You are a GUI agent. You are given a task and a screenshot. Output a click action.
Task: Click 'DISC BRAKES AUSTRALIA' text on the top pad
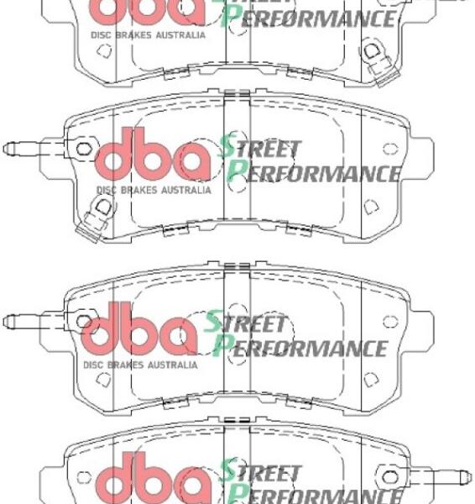[x=148, y=34]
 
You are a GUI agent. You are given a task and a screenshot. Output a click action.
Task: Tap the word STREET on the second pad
[x=261, y=149]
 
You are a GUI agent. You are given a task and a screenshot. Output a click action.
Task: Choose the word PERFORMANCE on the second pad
[x=316, y=172]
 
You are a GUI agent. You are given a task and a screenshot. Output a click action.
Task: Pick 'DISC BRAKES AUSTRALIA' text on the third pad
[x=141, y=365]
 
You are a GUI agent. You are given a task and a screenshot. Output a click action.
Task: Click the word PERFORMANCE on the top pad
[x=311, y=17]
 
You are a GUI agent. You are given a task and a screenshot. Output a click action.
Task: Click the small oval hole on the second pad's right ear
[x=389, y=150]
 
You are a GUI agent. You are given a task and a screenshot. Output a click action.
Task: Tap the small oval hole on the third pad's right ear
[x=388, y=322]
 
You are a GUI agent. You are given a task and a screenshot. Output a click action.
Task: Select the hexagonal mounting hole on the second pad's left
[x=84, y=150]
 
